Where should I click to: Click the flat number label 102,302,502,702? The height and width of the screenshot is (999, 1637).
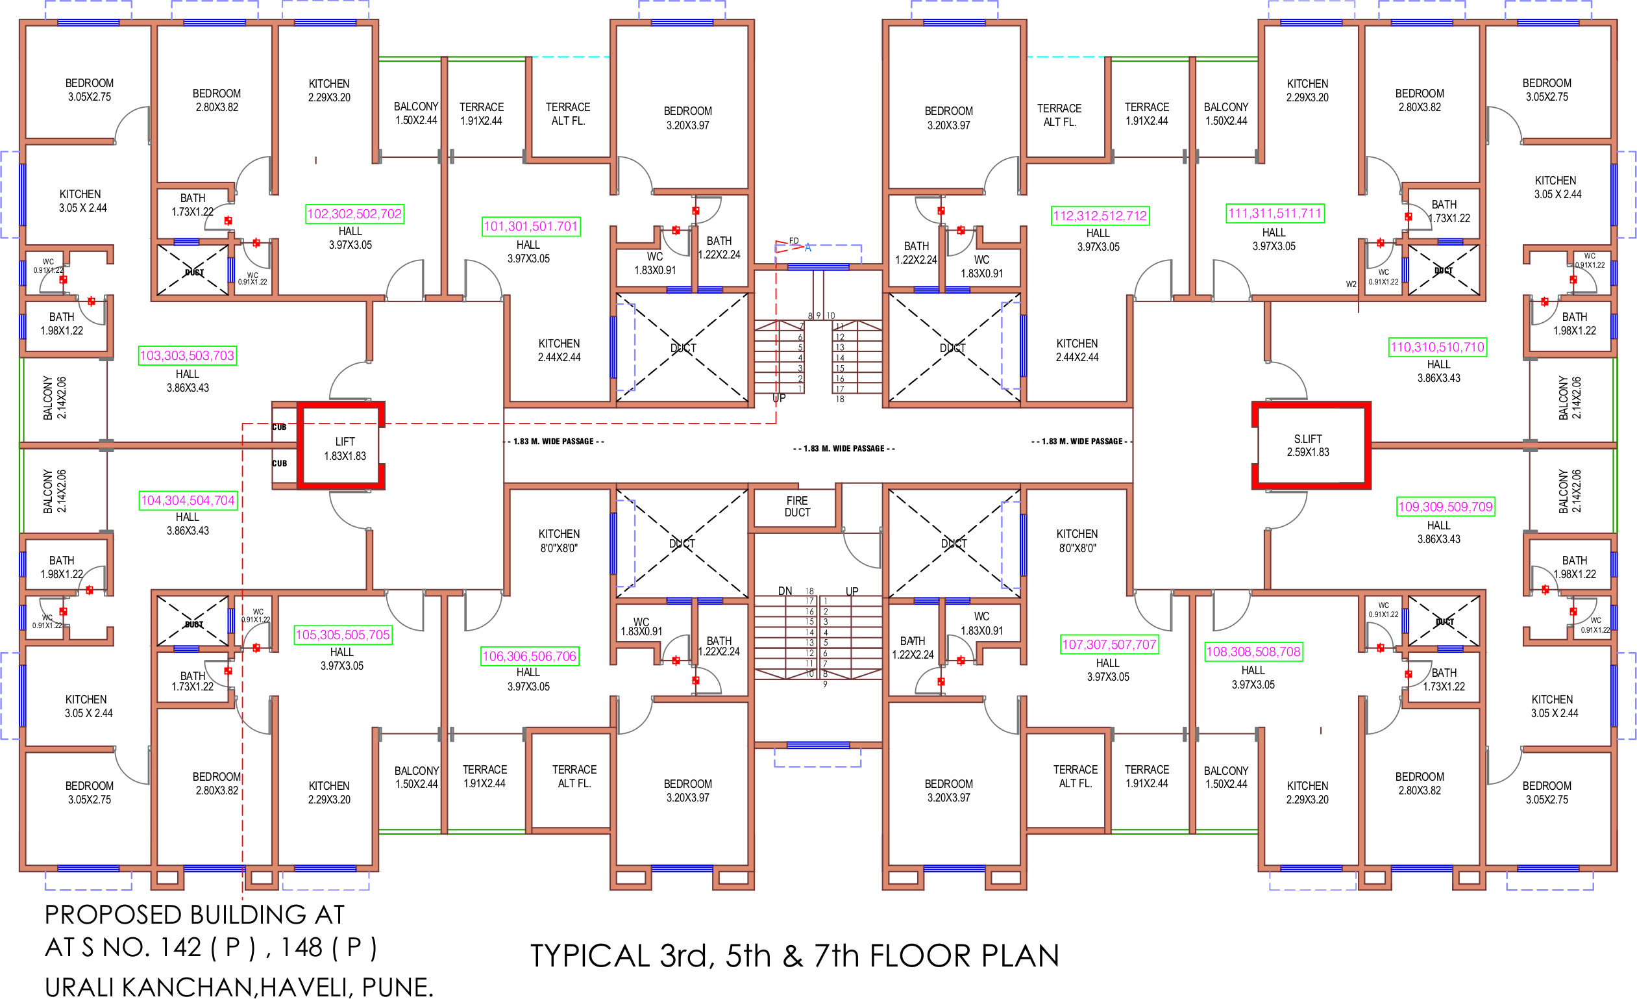[x=354, y=214]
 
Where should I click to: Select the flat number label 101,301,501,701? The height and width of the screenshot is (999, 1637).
[x=531, y=227]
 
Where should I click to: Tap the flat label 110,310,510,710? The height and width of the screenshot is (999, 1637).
[x=1437, y=348]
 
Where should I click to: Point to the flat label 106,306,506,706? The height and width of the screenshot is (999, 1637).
[x=529, y=657]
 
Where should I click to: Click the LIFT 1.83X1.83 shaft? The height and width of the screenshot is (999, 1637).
[x=345, y=449]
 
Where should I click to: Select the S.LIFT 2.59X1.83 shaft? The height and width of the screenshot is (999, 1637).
[x=1307, y=446]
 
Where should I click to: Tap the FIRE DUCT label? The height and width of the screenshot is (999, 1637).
[x=797, y=507]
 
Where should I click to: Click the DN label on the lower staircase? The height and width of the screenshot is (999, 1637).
[x=785, y=591]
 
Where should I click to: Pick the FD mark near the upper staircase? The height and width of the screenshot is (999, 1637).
[x=794, y=240]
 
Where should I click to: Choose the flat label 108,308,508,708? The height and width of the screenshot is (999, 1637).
[x=1253, y=652]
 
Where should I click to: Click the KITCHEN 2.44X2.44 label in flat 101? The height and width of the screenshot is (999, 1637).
[x=559, y=350]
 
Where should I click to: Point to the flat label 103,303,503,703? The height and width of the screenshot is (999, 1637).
[x=188, y=355]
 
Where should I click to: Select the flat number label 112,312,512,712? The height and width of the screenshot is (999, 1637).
[x=1100, y=216]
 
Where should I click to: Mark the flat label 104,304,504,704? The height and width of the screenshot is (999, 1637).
[x=188, y=501]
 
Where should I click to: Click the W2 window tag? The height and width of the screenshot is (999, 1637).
[x=1351, y=285]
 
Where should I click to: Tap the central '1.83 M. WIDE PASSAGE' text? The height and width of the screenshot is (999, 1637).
[x=844, y=449]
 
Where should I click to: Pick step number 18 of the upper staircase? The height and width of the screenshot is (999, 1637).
[x=840, y=399]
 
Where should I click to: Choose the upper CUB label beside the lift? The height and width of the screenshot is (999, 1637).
[x=279, y=427]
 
